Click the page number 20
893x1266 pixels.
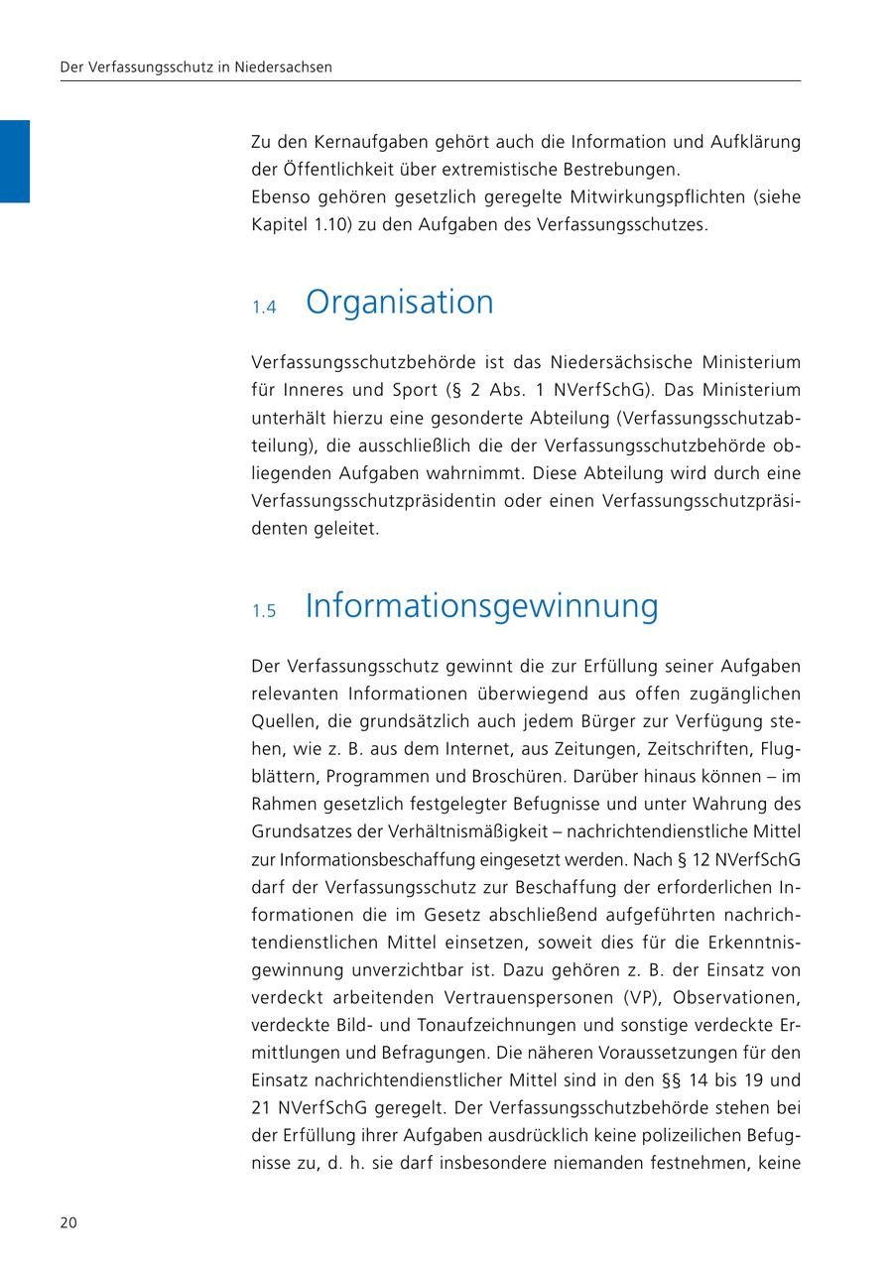(68, 1222)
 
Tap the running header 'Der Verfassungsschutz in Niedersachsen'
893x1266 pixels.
(196, 67)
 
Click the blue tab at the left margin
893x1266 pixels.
(15, 161)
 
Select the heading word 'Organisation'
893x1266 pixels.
(399, 302)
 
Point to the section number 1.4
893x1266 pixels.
(263, 308)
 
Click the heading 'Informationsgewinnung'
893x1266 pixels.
(481, 605)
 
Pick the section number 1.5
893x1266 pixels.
(263, 611)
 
